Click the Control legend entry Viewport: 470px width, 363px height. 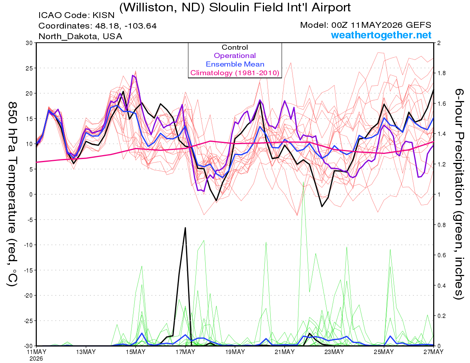[x=235, y=47]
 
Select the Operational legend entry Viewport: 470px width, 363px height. [x=235, y=56]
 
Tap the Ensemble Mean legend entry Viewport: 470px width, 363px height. [x=235, y=64]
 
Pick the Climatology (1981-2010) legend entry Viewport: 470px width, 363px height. [x=235, y=73]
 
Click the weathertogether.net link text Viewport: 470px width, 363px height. [x=381, y=35]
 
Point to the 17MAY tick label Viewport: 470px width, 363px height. [x=185, y=352]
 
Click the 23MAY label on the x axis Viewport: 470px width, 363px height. [x=334, y=352]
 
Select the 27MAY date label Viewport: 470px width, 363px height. [x=434, y=352]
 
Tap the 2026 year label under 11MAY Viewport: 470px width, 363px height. [x=36, y=359]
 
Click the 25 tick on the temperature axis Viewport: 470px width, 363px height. [x=29, y=68]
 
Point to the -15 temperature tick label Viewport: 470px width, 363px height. [x=28, y=270]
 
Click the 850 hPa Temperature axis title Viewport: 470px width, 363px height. [x=13, y=194]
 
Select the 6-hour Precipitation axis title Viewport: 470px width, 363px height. [x=459, y=194]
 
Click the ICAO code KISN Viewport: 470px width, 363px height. [x=103, y=15]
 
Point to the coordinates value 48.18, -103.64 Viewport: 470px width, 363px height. [x=126, y=26]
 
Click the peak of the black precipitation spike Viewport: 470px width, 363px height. [x=185, y=228]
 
